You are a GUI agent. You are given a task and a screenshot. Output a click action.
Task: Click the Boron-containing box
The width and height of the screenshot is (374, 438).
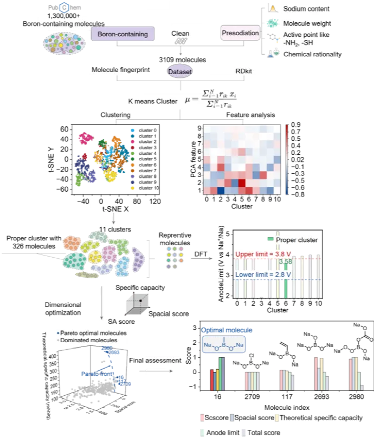pyautogui.click(x=122, y=33)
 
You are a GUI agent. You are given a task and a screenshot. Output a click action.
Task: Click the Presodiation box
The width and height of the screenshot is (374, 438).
pyautogui.click(x=241, y=33)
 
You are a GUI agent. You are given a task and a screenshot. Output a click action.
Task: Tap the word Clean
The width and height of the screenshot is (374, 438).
pyautogui.click(x=180, y=33)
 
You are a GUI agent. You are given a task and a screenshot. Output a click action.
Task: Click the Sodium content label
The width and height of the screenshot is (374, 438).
pyautogui.click(x=308, y=9)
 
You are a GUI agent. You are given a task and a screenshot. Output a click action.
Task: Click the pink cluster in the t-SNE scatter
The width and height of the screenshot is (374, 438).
pyautogui.click(x=85, y=138)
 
